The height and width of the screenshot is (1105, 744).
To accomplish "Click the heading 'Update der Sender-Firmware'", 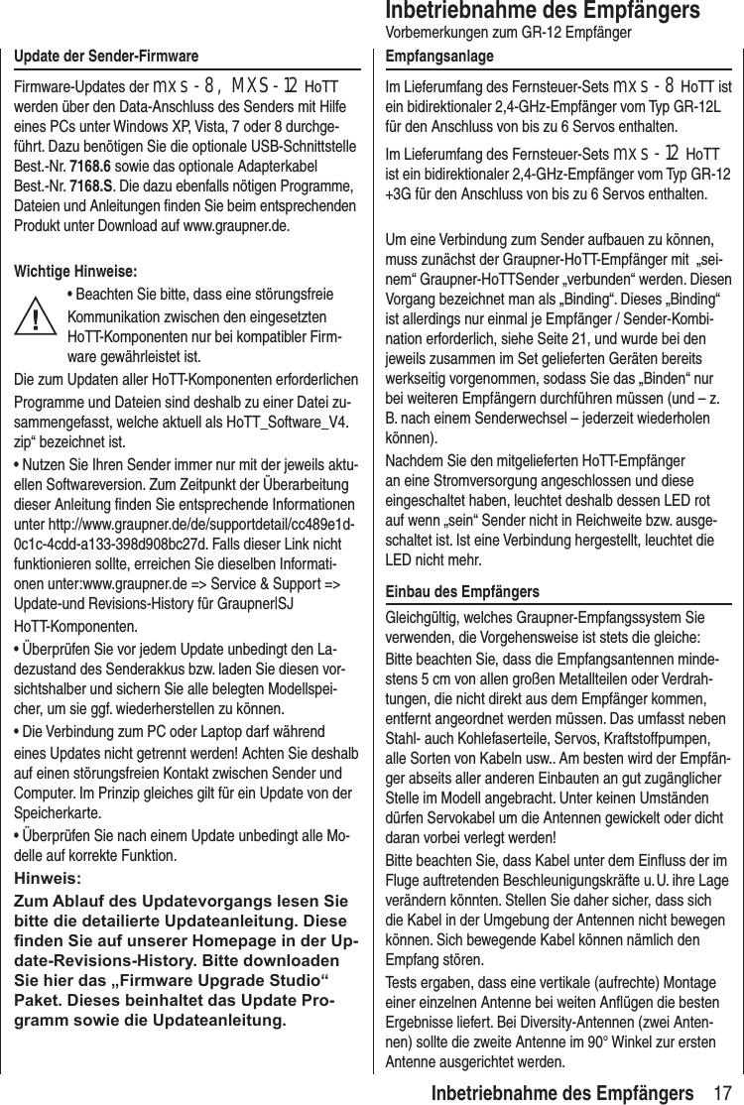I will [x=105, y=55].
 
